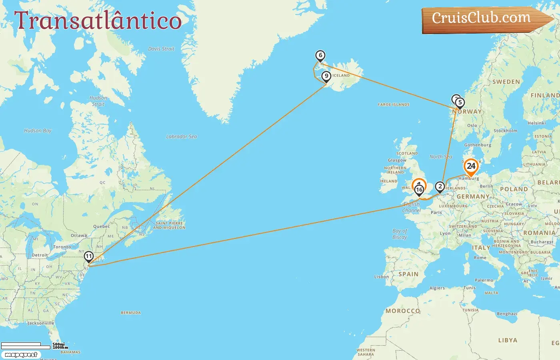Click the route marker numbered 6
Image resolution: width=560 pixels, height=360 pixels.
(320, 56)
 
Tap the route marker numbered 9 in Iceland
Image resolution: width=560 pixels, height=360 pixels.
(326, 76)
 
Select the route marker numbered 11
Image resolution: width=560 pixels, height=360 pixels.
(88, 256)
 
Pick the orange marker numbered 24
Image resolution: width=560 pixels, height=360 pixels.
(471, 166)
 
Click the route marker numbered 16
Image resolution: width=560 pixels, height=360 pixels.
(419, 190)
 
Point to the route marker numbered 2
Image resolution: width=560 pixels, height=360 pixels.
(440, 186)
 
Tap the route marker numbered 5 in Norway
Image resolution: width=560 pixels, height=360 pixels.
(460, 103)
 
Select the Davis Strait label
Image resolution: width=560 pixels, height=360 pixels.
(161, 49)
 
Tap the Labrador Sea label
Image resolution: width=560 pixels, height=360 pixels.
(182, 136)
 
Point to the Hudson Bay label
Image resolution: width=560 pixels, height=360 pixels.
(38, 130)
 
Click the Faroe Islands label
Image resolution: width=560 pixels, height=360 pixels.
(394, 104)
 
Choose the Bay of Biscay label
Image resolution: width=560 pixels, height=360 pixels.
(400, 234)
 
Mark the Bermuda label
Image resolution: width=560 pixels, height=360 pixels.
(131, 313)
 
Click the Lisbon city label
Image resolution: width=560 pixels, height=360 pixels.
(381, 276)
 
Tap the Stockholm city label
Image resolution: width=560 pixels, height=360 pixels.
(505, 131)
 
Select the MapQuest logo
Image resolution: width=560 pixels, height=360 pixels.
(21, 355)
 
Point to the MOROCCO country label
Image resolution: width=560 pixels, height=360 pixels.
(403, 311)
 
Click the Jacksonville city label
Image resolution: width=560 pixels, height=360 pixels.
(40, 323)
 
